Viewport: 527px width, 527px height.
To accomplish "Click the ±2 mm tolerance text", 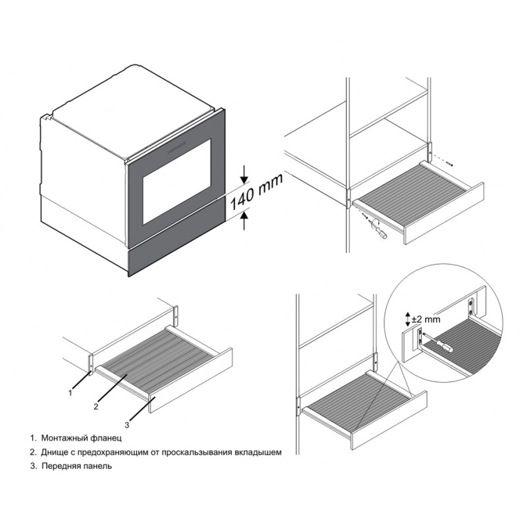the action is [x=426, y=319].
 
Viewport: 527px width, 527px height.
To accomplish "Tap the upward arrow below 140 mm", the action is [x=244, y=219].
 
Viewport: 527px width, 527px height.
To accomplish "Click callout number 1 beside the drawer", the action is [x=70, y=393].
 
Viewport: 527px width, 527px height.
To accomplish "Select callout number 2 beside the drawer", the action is [x=96, y=406].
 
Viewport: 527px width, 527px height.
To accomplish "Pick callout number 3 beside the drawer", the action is [x=126, y=425].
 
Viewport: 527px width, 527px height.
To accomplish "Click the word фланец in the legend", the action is [x=106, y=438].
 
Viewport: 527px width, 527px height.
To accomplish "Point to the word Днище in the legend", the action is [x=55, y=453].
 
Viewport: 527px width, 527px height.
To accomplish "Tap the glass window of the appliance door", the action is [x=177, y=182].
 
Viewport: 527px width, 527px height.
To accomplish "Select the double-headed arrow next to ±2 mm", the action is [x=407, y=319].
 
